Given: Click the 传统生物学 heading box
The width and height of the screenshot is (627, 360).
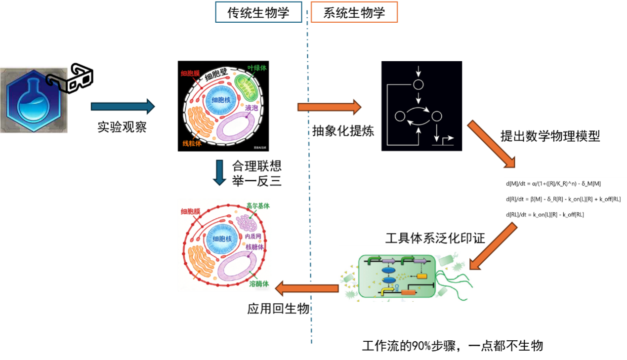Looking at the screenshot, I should click(258, 12).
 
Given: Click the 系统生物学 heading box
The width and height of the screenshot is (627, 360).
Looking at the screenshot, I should click(354, 12).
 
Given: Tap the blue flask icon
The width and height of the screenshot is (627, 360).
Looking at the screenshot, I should click(34, 100).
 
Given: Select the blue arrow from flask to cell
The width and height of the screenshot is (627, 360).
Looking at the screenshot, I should click(123, 107).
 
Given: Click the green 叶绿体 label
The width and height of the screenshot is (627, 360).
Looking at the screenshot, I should click(257, 68).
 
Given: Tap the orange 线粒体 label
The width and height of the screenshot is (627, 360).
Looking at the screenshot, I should click(192, 143).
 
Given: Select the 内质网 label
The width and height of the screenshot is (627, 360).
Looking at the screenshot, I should click(256, 237).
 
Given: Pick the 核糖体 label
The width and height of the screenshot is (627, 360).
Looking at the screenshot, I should click(256, 247).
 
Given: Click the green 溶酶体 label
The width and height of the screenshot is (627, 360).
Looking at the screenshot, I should click(259, 284).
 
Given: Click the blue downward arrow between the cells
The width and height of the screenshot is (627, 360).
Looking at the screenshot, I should click(220, 172).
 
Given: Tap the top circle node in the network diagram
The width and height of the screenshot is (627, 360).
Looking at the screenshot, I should click(418, 84).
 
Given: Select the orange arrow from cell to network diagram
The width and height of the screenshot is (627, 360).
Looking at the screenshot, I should click(329, 107).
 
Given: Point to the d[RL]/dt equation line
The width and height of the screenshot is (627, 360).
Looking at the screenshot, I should click(544, 214).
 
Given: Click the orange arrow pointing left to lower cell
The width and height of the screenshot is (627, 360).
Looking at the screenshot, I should click(306, 287).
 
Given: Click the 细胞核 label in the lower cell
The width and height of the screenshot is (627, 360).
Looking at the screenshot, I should click(221, 239).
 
